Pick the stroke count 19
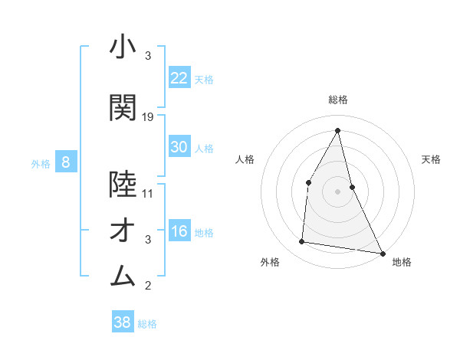coord(148,117)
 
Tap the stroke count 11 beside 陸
coord(148,194)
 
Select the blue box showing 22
coord(179,77)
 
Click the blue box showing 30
coord(179,147)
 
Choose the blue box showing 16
coord(179,231)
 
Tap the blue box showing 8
coord(66,162)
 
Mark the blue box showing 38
coord(123,322)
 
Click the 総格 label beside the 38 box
coord(147,324)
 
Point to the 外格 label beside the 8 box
coord(40,163)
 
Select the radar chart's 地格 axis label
coord(402,262)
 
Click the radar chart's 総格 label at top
coord(338,100)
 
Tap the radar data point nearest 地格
coord(382,253)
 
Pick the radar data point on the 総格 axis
coord(338,129)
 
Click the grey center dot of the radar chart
coord(338,191)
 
